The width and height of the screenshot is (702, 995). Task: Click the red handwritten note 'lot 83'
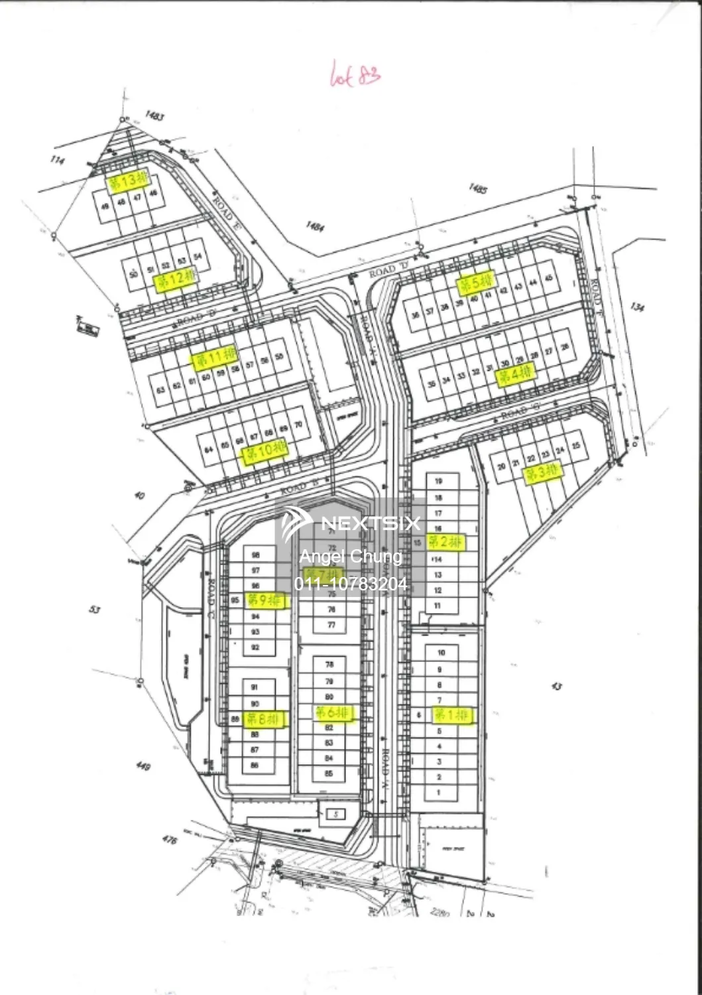355,74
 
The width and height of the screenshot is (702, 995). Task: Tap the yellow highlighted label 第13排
129,180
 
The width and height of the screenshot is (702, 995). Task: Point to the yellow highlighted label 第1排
453,715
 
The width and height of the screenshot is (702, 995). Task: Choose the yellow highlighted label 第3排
542,473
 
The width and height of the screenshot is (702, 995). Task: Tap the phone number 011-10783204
351,584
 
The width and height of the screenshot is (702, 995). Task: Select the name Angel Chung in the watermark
351,557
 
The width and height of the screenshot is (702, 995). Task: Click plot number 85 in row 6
329,773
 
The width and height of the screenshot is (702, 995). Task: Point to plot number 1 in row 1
439,792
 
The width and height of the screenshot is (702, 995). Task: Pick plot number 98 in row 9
255,555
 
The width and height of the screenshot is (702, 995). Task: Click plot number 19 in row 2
438,481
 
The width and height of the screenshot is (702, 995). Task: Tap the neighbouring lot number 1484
315,227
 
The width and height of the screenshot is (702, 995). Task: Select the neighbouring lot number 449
143,767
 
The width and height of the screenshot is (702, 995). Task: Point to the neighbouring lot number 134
638,307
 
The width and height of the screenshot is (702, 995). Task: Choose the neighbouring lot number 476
170,840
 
